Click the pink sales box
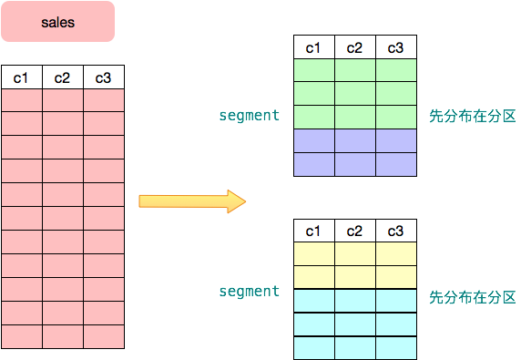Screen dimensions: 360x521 tap(57, 22)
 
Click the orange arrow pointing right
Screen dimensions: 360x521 tap(192, 201)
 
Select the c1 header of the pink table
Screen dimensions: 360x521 tap(21, 77)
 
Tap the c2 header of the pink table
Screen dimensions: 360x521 tap(62, 77)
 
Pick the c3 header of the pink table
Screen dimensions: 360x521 tap(103, 77)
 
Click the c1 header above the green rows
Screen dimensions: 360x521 tap(314, 47)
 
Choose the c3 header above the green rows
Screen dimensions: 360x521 tap(396, 47)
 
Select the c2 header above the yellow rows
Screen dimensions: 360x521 tap(355, 231)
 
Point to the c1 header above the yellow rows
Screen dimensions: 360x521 tap(314, 231)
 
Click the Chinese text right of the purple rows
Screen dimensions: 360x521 tap(472, 117)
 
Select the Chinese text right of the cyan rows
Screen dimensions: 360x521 tap(472, 298)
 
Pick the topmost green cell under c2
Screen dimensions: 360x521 tap(355, 70)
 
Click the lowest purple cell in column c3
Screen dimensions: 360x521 tap(396, 164)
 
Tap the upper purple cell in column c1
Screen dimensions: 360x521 tap(314, 140)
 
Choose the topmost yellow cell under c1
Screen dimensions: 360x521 tap(314, 253)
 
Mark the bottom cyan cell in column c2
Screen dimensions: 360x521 tap(355, 347)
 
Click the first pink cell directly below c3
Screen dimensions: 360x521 tap(103, 100)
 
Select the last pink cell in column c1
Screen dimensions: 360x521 tap(21, 336)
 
